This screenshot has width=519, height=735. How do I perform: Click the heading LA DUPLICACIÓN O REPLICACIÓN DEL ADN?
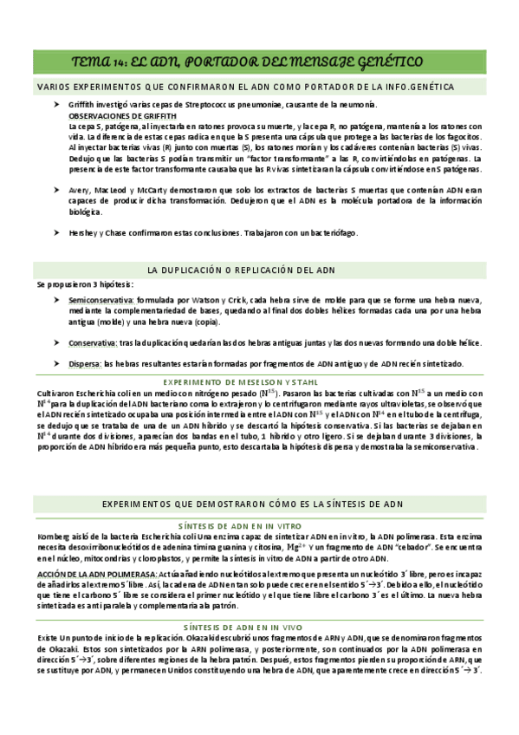[x=242, y=270]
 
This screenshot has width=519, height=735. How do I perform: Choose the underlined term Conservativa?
[x=94, y=343]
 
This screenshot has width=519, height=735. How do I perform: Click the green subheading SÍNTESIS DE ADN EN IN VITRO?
[x=259, y=525]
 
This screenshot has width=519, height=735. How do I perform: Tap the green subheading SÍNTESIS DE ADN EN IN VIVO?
[x=259, y=627]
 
